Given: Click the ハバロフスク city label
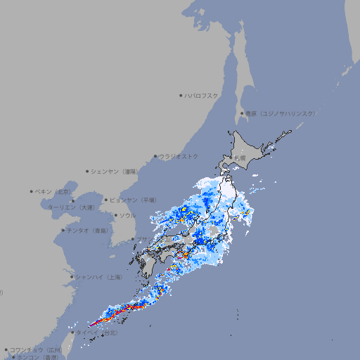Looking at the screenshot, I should [x=202, y=95].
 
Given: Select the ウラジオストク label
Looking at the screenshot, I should [x=179, y=156].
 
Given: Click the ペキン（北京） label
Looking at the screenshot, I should [x=53, y=191].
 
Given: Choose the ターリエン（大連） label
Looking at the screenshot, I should [x=71, y=207].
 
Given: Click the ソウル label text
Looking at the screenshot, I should [x=127, y=215].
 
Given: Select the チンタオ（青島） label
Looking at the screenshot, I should [x=87, y=230].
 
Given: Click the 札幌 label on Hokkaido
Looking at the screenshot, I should [x=240, y=158].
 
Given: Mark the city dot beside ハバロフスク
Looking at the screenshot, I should [x=181, y=95].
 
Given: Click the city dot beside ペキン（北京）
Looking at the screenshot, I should [x=32, y=191].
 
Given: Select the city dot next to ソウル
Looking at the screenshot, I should [x=115, y=215].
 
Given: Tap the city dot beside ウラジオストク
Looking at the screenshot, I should [x=155, y=156].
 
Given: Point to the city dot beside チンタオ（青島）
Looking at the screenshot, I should [x=63, y=230].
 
